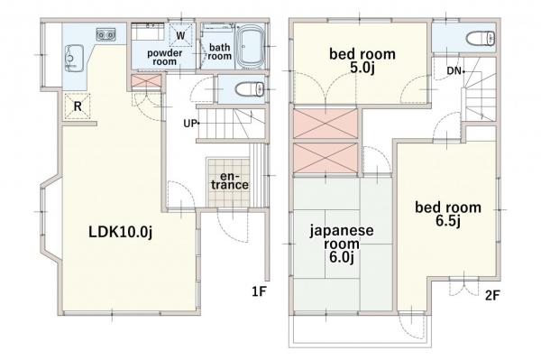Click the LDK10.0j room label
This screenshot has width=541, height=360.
pos(120,232)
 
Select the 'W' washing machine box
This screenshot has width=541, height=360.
pos(181,35)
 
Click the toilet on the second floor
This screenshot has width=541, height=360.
pos(476,39)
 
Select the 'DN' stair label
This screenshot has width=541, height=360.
pos(454,69)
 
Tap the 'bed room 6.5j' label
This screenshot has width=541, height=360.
pos(447,214)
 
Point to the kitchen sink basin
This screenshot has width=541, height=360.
pos(70,60)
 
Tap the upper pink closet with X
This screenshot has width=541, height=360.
pos(326,123)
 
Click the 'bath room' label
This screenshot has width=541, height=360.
pos(219,51)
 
